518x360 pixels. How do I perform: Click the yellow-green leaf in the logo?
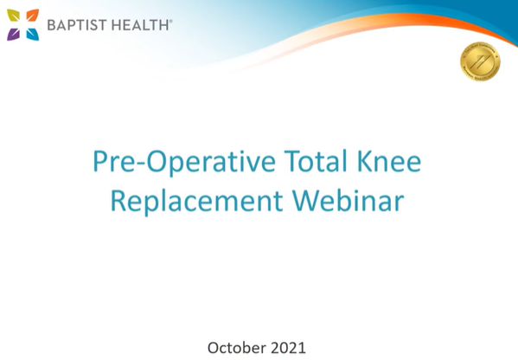pos(14,16)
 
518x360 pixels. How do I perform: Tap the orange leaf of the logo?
pos(32,16)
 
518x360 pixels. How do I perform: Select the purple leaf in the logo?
pos(14,34)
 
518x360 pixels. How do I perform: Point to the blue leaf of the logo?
pos(32,34)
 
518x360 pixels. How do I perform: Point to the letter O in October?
pos(214,348)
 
